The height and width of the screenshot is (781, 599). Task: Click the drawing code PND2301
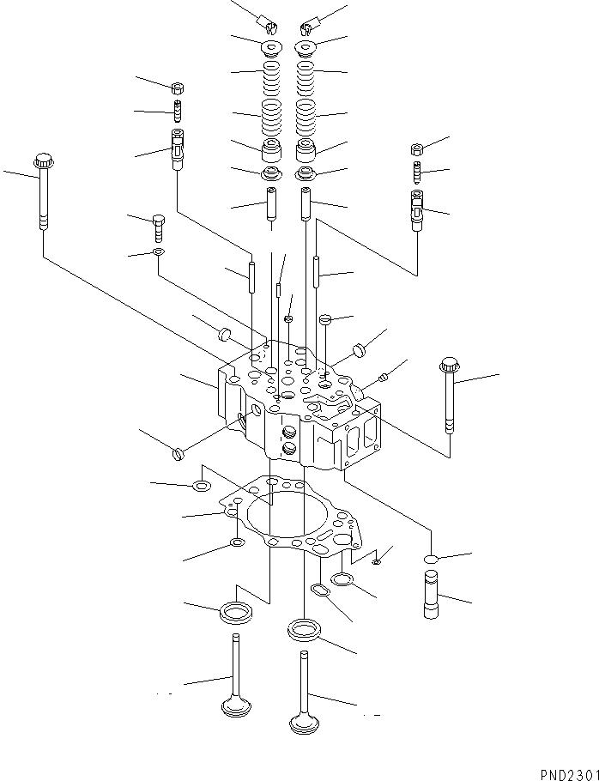tap(568, 773)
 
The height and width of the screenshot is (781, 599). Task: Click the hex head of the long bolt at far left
tap(42, 160)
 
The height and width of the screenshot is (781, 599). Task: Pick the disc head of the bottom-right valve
tap(305, 724)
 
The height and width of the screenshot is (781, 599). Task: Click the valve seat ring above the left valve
tap(236, 612)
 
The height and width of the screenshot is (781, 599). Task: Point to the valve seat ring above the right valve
tap(304, 631)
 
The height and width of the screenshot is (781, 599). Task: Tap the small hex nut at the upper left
tap(178, 88)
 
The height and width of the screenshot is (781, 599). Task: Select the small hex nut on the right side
tap(417, 147)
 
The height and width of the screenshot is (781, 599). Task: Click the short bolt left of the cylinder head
tap(160, 228)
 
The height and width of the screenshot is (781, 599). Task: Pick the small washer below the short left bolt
tap(159, 252)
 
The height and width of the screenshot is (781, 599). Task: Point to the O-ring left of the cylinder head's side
tap(179, 452)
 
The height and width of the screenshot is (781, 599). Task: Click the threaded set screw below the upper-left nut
tap(178, 112)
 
